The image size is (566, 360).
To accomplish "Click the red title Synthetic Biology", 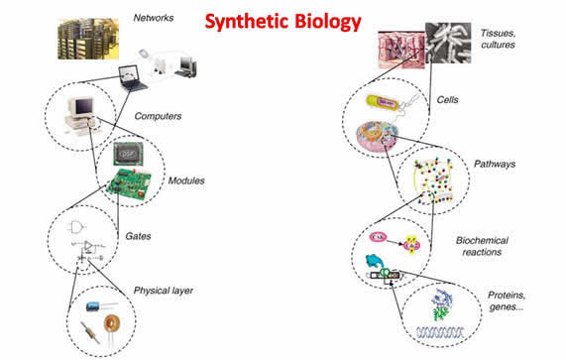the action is click(x=283, y=23).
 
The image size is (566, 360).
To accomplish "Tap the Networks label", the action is click(x=154, y=18).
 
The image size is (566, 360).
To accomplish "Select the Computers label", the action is click(x=158, y=116).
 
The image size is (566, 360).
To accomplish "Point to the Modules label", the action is click(x=186, y=180).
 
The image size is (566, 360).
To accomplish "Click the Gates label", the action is click(x=138, y=236).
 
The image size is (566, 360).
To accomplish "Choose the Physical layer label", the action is click(x=164, y=291).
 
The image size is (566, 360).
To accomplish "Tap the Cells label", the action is click(x=447, y=99).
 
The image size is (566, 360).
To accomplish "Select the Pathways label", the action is click(x=495, y=164).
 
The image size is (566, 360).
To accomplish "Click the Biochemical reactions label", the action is click(x=482, y=246).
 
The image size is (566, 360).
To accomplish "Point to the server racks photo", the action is click(x=88, y=39).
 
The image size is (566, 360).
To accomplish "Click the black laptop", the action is click(x=133, y=78).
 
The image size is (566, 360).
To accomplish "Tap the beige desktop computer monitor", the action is click(x=81, y=107).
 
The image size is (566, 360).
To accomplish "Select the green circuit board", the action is click(x=130, y=184).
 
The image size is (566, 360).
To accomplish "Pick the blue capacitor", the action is click(x=94, y=306).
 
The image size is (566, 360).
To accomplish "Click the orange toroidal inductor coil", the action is click(x=112, y=323).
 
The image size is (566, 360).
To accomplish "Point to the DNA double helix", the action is click(x=440, y=332).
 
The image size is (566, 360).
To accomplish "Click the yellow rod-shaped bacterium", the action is click(x=383, y=102).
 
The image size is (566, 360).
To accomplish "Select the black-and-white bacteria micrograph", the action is click(x=448, y=43).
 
